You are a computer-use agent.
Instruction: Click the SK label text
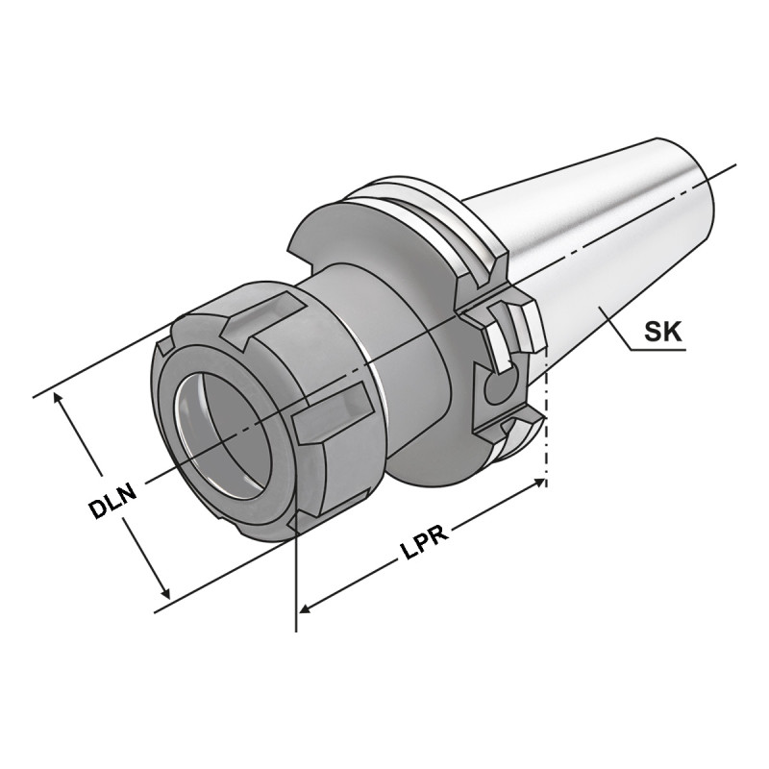click(x=662, y=334)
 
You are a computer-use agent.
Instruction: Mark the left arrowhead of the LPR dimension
click(x=306, y=608)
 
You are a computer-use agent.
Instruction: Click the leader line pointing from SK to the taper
click(x=615, y=327)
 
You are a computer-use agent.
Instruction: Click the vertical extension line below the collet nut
click(x=296, y=586)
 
